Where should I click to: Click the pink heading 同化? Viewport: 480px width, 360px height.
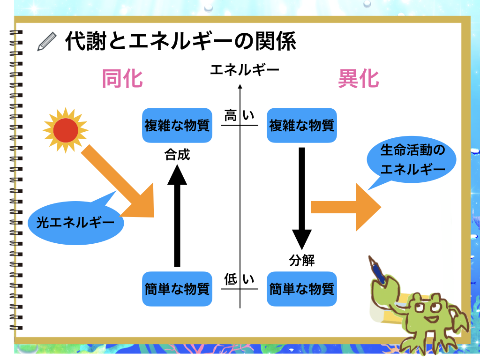[122, 79]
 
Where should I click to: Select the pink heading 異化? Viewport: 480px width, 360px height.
[359, 79]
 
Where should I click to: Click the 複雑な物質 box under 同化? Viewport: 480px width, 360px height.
[177, 126]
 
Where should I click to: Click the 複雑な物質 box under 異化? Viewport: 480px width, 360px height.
[301, 126]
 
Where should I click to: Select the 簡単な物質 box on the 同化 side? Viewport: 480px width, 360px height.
[177, 289]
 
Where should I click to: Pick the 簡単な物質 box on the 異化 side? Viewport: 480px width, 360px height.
[301, 289]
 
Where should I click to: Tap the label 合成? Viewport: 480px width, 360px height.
[177, 155]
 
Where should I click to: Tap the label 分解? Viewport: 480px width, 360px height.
[302, 261]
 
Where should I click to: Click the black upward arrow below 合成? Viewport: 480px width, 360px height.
[177, 216]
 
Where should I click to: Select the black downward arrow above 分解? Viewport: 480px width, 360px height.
[302, 197]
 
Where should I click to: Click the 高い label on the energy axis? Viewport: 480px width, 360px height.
[239, 115]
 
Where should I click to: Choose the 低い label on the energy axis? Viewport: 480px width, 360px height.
[239, 280]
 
